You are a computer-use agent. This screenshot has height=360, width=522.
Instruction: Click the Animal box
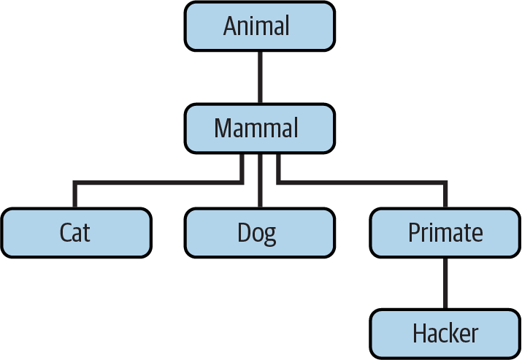click(259, 26)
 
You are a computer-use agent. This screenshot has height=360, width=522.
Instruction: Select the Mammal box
click(259, 129)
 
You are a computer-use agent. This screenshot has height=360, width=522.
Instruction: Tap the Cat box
click(76, 233)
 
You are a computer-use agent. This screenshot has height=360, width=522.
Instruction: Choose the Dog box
click(259, 233)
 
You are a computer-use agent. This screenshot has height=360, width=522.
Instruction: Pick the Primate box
click(445, 233)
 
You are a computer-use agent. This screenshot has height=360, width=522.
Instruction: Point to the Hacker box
click(445, 334)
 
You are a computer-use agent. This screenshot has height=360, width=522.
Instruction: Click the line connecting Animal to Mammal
click(259, 77)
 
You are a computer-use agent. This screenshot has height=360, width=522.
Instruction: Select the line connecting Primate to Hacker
click(445, 283)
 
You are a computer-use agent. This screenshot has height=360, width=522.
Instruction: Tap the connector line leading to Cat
click(146, 182)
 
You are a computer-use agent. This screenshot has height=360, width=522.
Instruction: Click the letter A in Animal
click(231, 26)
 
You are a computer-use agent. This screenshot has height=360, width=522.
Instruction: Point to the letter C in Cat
click(65, 233)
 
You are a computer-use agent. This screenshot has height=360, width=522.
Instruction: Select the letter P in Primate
click(413, 233)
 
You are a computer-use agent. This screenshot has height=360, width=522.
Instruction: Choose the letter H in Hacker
click(420, 334)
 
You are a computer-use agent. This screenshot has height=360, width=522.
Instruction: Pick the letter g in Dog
click(272, 236)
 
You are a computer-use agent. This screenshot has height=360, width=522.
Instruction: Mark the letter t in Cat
click(88, 234)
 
